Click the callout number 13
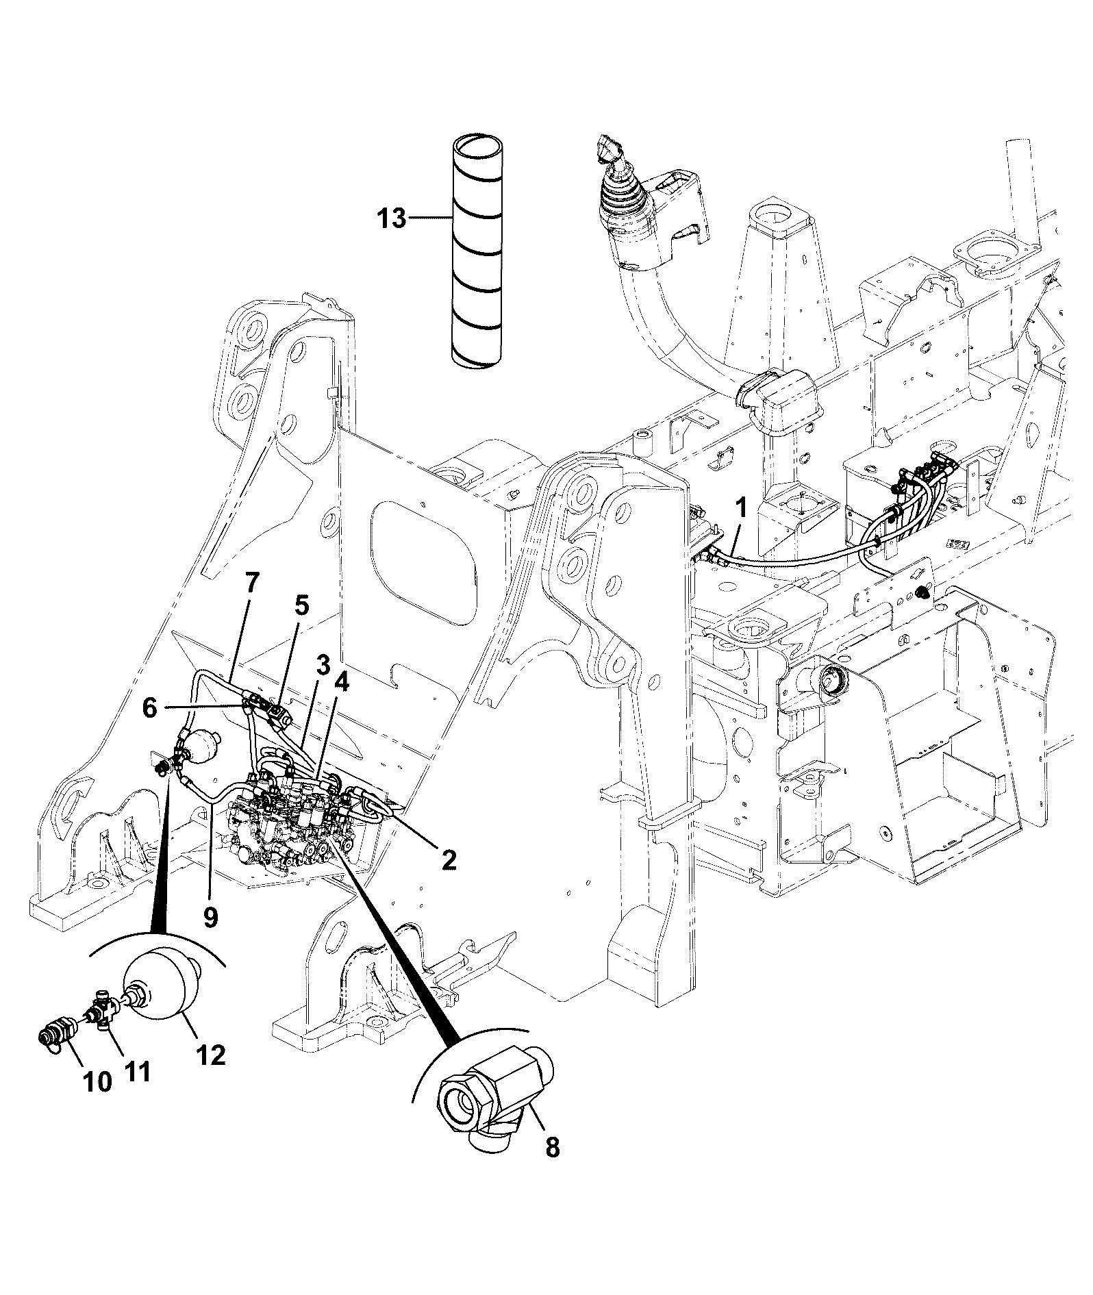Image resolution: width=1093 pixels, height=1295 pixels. (x=392, y=220)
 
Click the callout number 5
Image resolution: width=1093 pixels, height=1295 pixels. (x=302, y=605)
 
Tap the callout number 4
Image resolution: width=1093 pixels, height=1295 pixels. (x=342, y=684)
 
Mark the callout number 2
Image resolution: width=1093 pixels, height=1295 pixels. (x=449, y=860)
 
